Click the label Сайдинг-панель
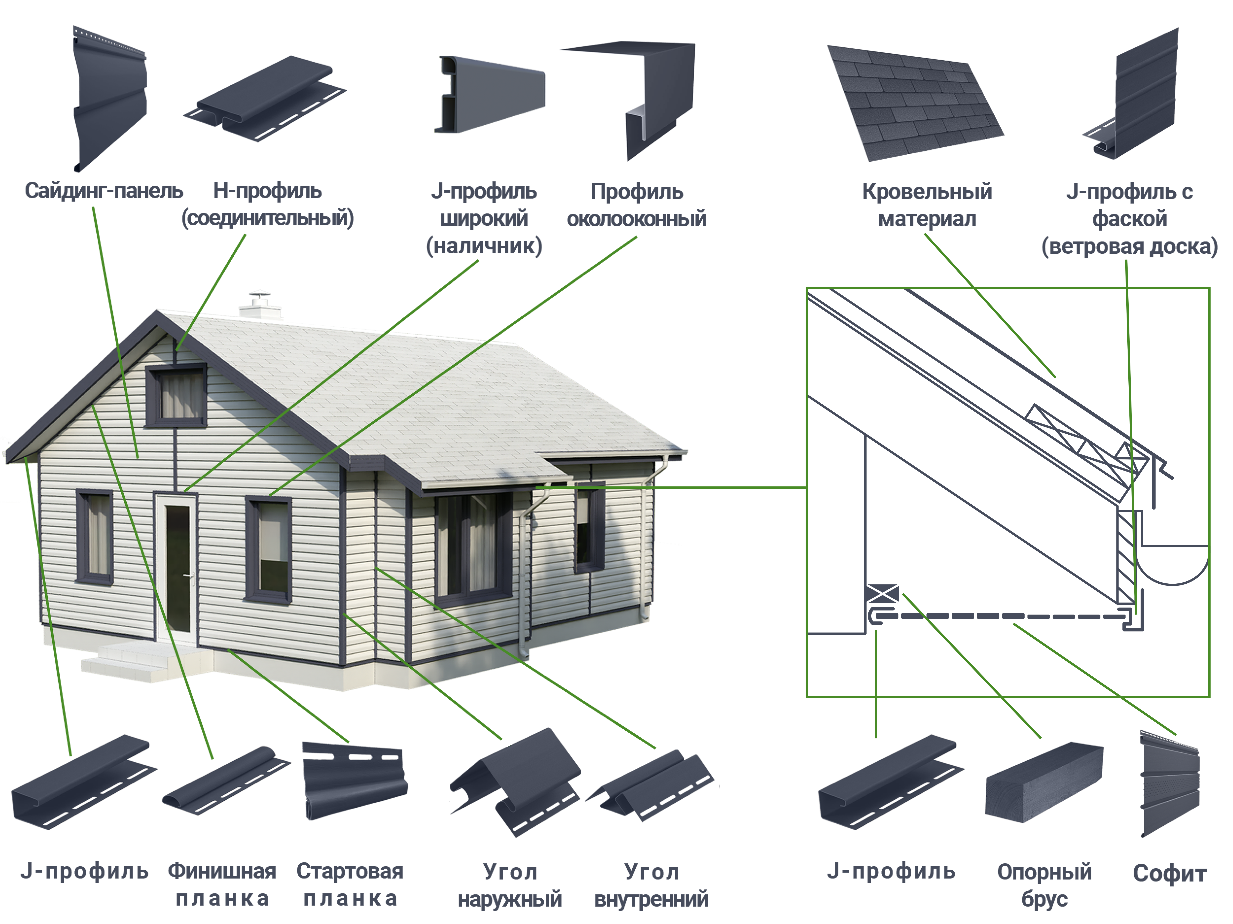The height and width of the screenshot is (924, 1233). [x=104, y=191]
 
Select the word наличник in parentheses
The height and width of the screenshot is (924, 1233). [x=484, y=246]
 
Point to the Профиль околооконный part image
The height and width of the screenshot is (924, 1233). [x=633, y=100]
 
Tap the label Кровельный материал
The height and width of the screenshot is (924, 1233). [x=927, y=205]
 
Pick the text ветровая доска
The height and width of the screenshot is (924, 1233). [x=1129, y=246]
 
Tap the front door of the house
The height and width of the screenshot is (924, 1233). [x=177, y=568]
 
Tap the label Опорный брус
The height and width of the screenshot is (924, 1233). [x=1044, y=885]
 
